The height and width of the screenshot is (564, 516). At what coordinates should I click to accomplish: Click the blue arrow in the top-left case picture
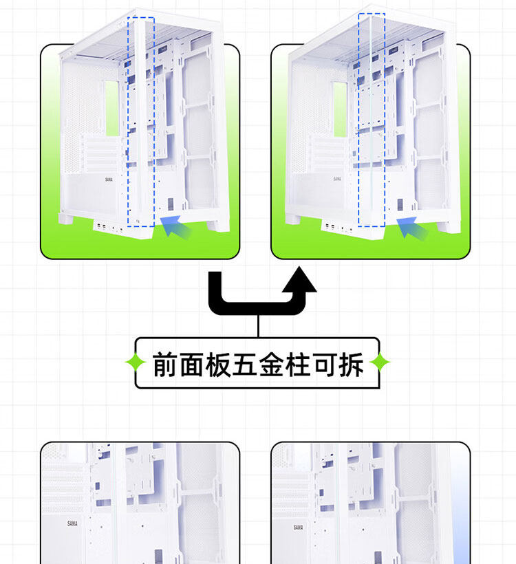point(175,225)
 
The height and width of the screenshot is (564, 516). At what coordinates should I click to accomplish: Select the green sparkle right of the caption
point(379,362)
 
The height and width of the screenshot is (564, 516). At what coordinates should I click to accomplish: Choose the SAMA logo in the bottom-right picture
point(299,527)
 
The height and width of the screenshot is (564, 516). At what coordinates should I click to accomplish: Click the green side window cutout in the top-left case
point(112,107)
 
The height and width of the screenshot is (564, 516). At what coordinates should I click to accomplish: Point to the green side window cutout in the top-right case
point(340,107)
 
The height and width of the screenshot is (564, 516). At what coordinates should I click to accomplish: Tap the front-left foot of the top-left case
point(67,218)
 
